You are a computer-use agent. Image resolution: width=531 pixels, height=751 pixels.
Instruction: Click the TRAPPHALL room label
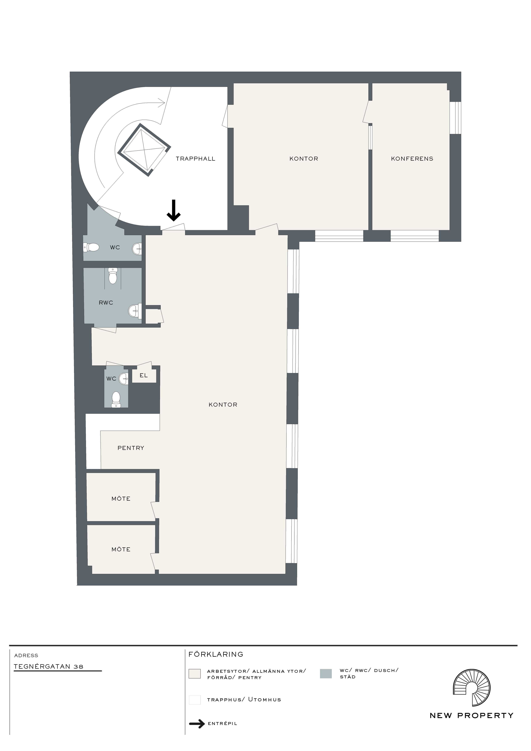point(196,159)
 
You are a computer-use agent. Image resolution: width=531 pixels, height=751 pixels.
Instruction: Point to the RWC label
point(106,303)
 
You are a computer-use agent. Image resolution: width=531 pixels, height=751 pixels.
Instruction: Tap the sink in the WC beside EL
point(124,379)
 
